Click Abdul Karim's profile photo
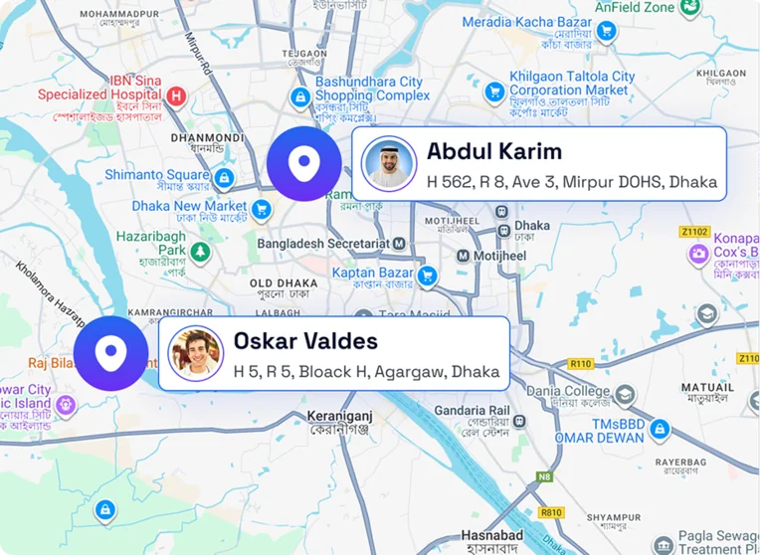pyautogui.click(x=389, y=163)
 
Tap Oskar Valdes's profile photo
pyautogui.click(x=195, y=353)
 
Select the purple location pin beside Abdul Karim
pyautogui.click(x=304, y=164)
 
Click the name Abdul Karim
pyautogui.click(x=494, y=151)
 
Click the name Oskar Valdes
pyautogui.click(x=305, y=341)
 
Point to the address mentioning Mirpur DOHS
pyautogui.click(x=571, y=182)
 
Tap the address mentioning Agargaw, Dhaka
pyautogui.click(x=366, y=371)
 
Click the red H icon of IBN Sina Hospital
pyautogui.click(x=176, y=95)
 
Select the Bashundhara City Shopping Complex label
pyautogui.click(x=372, y=89)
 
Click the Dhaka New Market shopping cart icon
pyautogui.click(x=262, y=208)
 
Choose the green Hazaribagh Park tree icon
pyautogui.click(x=202, y=251)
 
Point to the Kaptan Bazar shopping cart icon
pyautogui.click(x=428, y=275)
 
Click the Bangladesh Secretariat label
pyautogui.click(x=322, y=243)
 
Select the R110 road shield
pyautogui.click(x=581, y=364)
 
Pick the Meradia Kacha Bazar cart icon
pyautogui.click(x=605, y=33)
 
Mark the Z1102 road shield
pyautogui.click(x=695, y=232)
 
